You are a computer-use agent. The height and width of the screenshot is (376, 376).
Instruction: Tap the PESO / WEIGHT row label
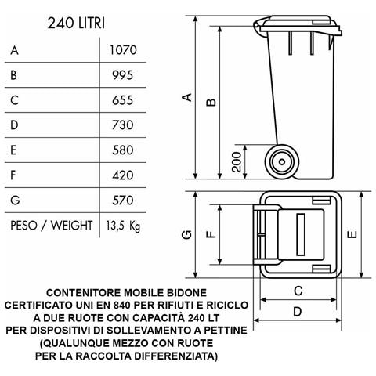coord(51,226)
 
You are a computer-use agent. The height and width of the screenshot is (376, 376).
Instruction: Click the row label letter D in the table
coord(14,125)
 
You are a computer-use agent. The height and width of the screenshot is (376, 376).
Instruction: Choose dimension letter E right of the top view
coord(352,233)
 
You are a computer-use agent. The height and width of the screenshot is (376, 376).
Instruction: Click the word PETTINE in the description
coord(220,331)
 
